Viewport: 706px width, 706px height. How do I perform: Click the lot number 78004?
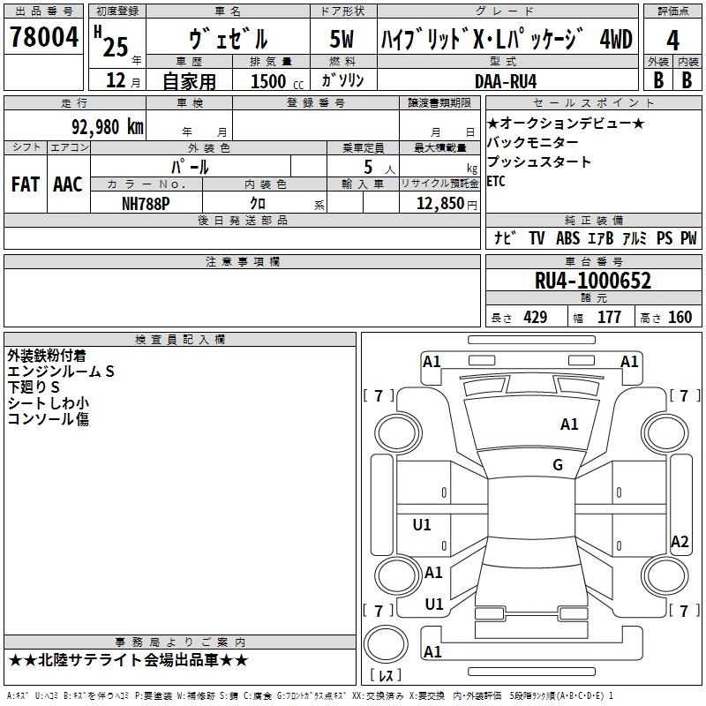[x=44, y=36]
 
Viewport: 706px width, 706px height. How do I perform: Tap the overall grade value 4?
[x=672, y=41]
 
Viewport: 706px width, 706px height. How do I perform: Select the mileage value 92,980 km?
[x=108, y=127]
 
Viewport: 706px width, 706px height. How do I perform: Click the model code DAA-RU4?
[x=506, y=81]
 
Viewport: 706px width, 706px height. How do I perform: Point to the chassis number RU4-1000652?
[x=592, y=281]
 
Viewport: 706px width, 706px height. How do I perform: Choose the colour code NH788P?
[x=146, y=204]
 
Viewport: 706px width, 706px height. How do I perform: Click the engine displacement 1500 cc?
[x=277, y=81]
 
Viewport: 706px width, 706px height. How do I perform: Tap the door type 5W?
[x=342, y=39]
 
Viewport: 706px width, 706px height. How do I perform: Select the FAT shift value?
[x=26, y=184]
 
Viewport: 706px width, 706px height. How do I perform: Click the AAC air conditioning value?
[x=68, y=184]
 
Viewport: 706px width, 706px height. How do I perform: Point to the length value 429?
[x=535, y=317]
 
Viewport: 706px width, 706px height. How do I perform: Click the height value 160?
[x=680, y=317]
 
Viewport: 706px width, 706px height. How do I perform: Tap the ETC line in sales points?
[x=496, y=181]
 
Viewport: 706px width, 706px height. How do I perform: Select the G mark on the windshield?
[x=558, y=465]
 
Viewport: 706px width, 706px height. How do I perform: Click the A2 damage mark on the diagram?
[x=680, y=541]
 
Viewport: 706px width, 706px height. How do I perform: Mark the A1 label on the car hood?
[x=569, y=424]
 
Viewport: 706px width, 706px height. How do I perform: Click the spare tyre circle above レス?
[x=386, y=644]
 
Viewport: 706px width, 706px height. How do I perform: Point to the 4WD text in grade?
[x=616, y=39]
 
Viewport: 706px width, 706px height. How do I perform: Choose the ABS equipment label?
[x=567, y=238]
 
